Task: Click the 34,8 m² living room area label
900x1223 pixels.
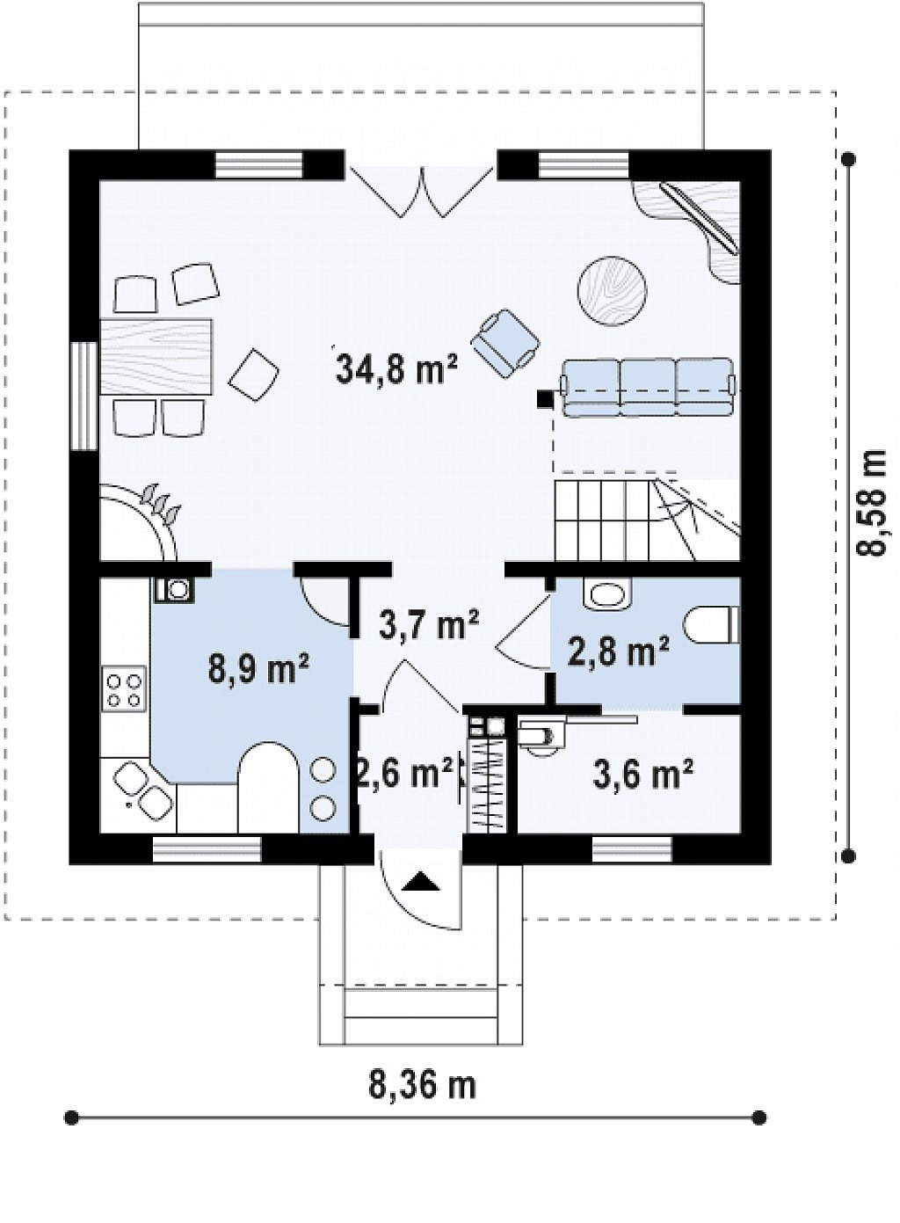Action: click(396, 368)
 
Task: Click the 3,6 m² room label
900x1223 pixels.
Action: click(642, 775)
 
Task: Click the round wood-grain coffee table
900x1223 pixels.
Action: click(612, 292)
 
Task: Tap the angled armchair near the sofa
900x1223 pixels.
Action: click(505, 344)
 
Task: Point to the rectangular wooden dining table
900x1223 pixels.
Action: click(156, 357)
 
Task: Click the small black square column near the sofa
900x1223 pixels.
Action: click(544, 399)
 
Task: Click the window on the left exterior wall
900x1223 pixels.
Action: click(84, 397)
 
